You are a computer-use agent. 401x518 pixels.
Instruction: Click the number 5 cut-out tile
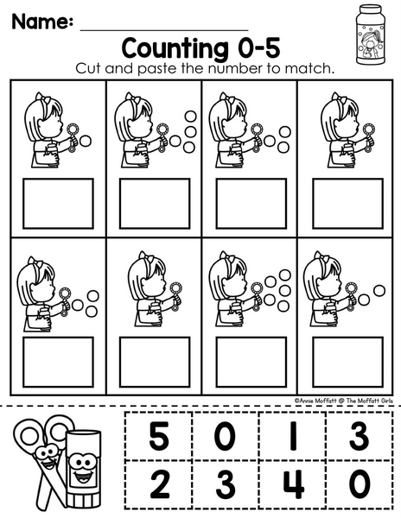(x=159, y=436)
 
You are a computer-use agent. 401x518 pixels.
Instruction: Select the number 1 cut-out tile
(x=293, y=436)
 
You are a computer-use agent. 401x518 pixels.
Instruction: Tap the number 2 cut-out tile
(x=159, y=484)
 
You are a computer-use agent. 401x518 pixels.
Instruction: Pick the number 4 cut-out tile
(x=293, y=484)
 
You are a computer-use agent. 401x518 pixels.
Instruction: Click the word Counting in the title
(x=175, y=49)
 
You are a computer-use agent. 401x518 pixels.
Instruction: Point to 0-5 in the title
(x=259, y=47)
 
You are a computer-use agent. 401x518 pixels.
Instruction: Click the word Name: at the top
(x=42, y=22)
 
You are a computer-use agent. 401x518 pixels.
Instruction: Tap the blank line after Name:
(x=164, y=30)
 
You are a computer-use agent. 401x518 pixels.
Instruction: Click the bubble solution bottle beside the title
(x=371, y=35)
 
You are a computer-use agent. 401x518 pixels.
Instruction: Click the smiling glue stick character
(x=83, y=469)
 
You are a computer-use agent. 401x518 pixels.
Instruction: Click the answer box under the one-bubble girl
(x=58, y=204)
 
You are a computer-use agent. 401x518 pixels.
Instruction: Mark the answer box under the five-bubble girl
(x=251, y=362)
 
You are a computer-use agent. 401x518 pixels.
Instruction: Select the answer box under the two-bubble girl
(x=347, y=362)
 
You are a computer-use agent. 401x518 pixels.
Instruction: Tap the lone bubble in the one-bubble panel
(x=86, y=141)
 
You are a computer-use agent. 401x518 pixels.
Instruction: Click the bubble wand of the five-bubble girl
(x=257, y=294)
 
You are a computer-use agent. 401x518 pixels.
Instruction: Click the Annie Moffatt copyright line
(x=344, y=401)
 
